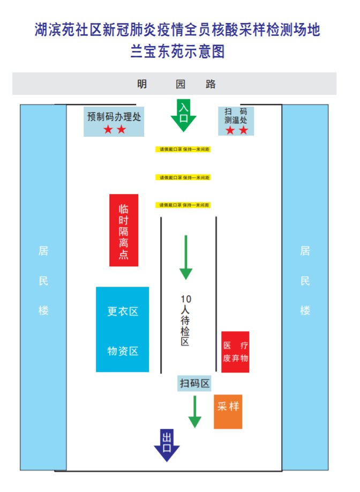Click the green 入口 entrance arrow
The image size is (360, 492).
coord(184,115)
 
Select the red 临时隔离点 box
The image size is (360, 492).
coord(124,230)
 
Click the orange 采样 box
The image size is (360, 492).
coord(228,411)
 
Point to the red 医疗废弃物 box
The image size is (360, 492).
coord(235,352)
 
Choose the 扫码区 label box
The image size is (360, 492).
coord(194,383)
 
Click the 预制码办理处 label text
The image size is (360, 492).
coord(114,116)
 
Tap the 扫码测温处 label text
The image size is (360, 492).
coord(236,116)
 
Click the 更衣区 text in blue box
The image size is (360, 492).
coord(123,311)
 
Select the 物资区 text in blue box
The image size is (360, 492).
coord(123,351)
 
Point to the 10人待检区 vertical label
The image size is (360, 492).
coord(185,320)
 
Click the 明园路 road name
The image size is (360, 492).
coord(176,84)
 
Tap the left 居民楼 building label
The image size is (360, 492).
coord(43,281)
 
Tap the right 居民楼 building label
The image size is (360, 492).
coord(305,281)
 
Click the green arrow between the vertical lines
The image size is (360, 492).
coord(185,257)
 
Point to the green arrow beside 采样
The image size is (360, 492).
coord(195,412)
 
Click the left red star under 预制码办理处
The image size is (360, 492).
coord(108,130)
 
